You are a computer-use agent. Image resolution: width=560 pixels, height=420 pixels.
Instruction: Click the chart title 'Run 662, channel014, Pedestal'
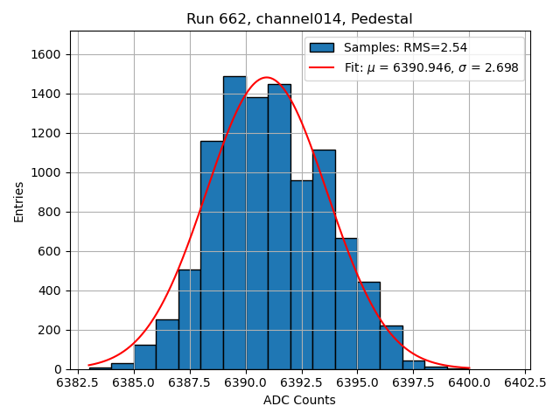pyautogui.click(x=299, y=18)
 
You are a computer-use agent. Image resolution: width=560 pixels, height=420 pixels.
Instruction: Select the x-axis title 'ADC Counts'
pyautogui.click(x=299, y=400)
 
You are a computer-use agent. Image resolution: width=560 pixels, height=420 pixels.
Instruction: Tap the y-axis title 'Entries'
pyautogui.click(x=19, y=201)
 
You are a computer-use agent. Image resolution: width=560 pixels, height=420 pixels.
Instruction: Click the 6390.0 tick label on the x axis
pyautogui.click(x=246, y=382)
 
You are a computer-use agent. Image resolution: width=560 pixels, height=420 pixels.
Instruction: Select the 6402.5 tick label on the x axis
pyautogui.click(x=525, y=382)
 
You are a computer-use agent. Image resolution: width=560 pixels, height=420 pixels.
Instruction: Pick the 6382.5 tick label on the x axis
pyautogui.click(x=78, y=382)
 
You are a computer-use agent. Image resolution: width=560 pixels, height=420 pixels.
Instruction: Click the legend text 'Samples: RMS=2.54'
pyautogui.click(x=405, y=47)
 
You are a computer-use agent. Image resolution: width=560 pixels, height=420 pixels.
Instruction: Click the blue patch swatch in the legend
pyautogui.click(x=321, y=47)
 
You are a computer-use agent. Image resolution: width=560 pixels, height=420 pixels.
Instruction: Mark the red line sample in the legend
pyautogui.click(x=321, y=67)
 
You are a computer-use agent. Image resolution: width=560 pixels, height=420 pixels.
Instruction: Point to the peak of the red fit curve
pyautogui.click(x=267, y=78)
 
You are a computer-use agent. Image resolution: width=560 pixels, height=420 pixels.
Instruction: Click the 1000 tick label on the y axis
pyautogui.click(x=45, y=172)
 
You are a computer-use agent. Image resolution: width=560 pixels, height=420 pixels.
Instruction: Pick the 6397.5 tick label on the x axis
pyautogui.click(x=414, y=382)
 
